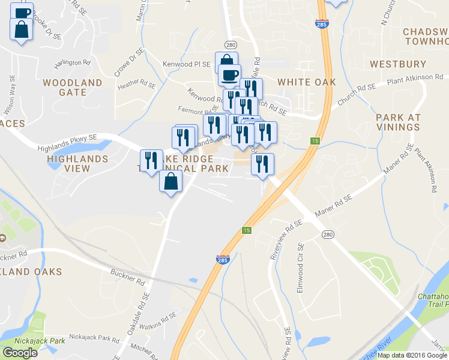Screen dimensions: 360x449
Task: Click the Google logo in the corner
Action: click(x=20, y=353)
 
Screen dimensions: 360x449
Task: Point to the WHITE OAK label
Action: click(x=306, y=82)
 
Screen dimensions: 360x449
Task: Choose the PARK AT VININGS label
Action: click(x=398, y=122)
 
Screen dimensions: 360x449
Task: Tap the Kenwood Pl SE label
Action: click(x=187, y=64)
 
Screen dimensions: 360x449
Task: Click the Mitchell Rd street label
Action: click(x=144, y=348)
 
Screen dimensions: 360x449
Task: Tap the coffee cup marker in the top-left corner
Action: click(x=22, y=12)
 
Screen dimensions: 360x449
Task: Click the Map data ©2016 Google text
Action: click(x=412, y=355)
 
